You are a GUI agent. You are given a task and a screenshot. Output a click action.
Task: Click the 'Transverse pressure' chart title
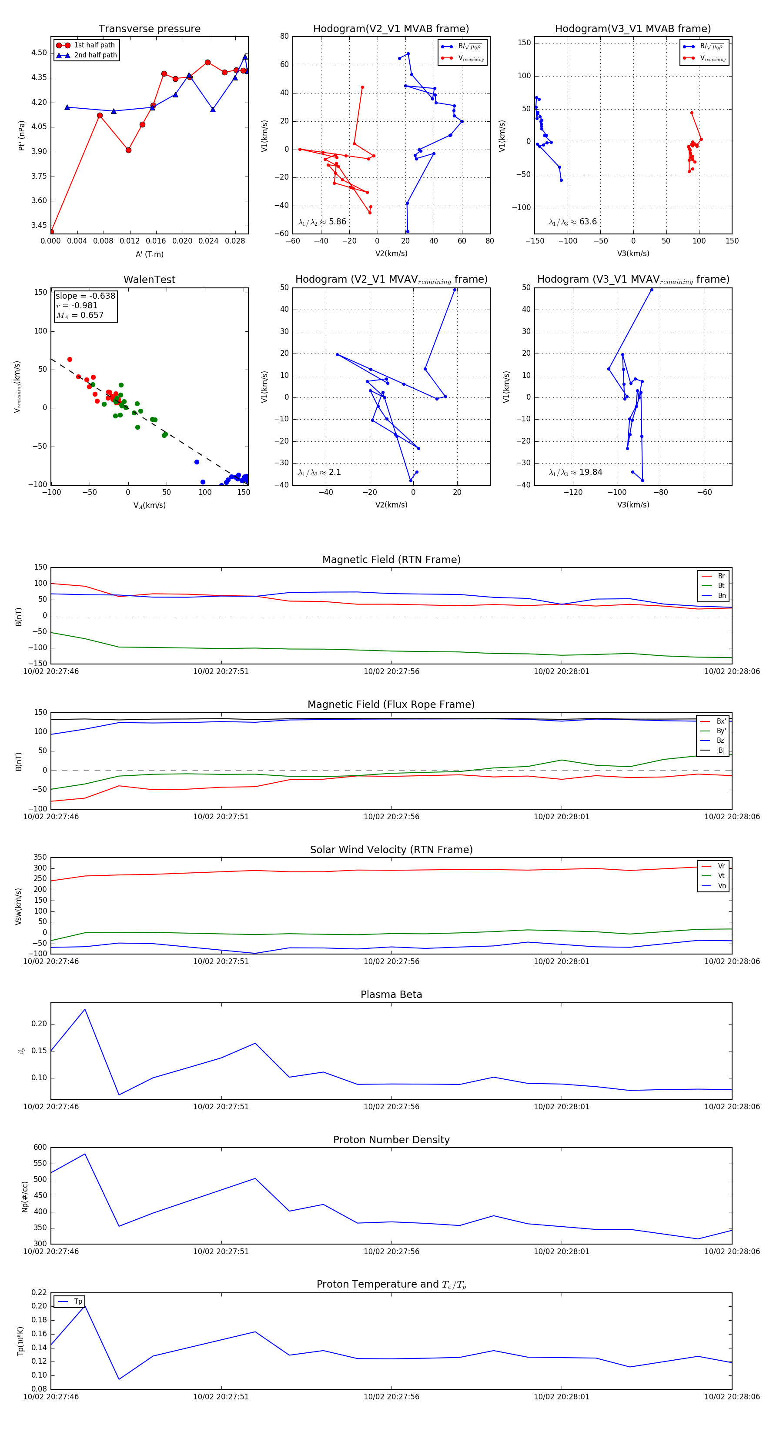[149, 29]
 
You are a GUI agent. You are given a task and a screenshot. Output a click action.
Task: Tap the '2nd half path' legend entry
[95, 55]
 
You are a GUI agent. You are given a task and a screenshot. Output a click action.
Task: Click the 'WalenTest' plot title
[149, 280]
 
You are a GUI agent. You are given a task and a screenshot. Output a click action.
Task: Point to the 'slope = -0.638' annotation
[85, 296]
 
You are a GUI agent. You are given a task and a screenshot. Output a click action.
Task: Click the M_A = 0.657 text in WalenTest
[80, 315]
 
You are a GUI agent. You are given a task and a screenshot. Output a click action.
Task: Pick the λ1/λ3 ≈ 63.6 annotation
[572, 222]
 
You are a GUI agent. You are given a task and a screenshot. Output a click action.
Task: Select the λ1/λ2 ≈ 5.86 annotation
[322, 222]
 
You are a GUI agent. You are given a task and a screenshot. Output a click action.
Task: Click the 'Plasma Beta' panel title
[391, 994]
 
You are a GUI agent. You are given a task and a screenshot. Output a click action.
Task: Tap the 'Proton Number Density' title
[391, 1140]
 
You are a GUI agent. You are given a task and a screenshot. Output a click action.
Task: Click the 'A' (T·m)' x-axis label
[149, 254]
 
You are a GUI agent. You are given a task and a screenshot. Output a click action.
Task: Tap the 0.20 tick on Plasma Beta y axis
[39, 1024]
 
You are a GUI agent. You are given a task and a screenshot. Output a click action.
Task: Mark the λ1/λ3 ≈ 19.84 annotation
[575, 472]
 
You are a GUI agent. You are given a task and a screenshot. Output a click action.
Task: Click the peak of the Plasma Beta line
[85, 1009]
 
